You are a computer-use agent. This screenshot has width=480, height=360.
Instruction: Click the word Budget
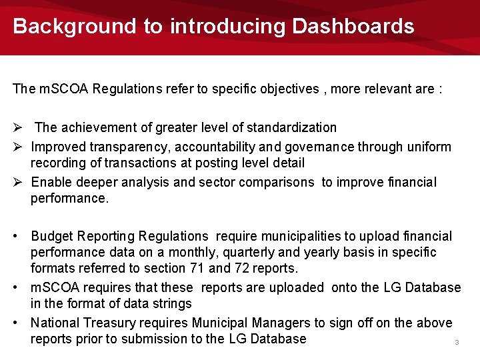(53, 237)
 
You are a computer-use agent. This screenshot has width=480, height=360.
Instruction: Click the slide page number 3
(457, 343)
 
